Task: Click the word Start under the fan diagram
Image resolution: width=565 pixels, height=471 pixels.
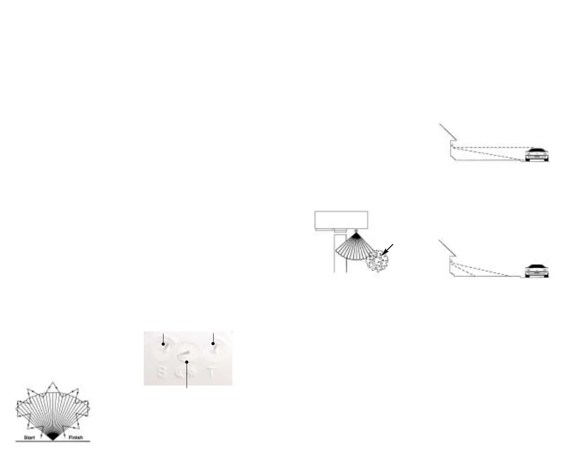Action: point(29,437)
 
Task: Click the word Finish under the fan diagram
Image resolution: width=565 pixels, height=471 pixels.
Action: point(75,437)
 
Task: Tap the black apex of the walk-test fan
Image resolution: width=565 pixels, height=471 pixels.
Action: point(53,436)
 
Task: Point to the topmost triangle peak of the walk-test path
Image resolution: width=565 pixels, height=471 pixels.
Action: point(53,383)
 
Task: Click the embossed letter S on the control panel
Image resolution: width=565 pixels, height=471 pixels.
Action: point(162,373)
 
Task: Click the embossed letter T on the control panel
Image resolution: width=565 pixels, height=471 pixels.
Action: point(212,373)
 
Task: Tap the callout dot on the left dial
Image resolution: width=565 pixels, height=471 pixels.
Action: point(163,344)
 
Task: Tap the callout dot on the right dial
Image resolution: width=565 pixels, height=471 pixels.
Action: point(213,344)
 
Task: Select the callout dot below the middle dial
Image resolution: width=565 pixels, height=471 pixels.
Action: point(187,362)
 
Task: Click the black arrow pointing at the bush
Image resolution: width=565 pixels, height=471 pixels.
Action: point(388,249)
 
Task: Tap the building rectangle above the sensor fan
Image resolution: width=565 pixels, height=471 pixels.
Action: point(341,219)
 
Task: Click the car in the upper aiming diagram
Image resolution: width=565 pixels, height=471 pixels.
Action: point(536,155)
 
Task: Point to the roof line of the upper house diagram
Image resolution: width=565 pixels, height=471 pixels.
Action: point(447,132)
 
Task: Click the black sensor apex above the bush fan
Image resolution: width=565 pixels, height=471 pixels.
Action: point(357,235)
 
